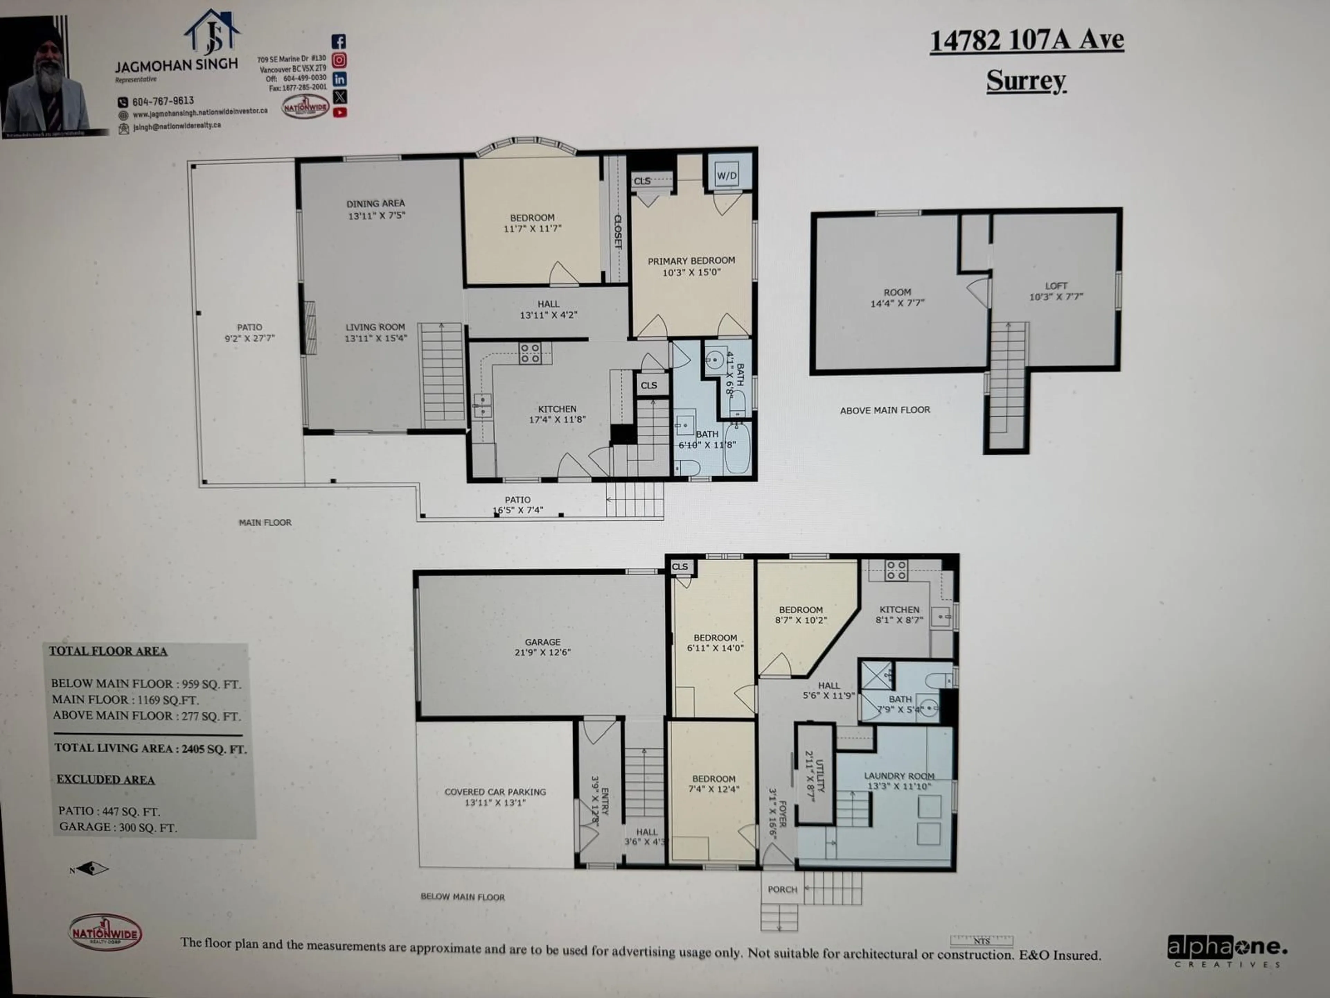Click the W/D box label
[726, 176]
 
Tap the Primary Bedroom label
[691, 266]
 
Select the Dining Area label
[376, 209]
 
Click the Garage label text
[542, 647]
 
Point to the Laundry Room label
[899, 781]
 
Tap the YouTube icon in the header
[340, 113]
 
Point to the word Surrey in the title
[1026, 81]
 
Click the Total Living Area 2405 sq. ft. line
[150, 748]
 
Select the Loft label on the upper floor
[1056, 291]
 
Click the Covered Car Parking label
[495, 796]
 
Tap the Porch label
[782, 889]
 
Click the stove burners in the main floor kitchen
[530, 353]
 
